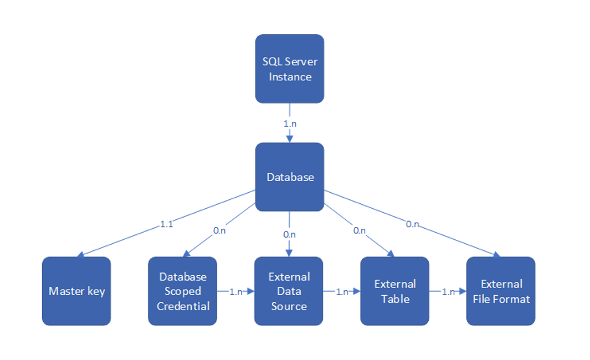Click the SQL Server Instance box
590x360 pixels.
(x=289, y=69)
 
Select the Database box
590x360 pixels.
(x=289, y=177)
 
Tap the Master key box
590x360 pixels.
(x=76, y=291)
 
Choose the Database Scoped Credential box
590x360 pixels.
(x=182, y=291)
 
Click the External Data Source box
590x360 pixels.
(x=289, y=291)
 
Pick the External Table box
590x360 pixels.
(x=394, y=291)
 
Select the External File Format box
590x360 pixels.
(x=501, y=291)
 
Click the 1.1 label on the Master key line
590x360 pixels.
(x=166, y=224)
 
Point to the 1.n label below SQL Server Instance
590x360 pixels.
(x=290, y=124)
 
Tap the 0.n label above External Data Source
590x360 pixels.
(x=289, y=234)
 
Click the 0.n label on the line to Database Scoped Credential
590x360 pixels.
(x=220, y=230)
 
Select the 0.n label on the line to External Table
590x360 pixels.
(x=360, y=230)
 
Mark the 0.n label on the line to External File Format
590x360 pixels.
(x=413, y=224)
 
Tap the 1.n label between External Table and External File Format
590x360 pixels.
(x=448, y=292)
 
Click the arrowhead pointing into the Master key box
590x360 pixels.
(x=80, y=255)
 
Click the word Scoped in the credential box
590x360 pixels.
(x=183, y=291)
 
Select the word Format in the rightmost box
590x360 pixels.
(x=515, y=299)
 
